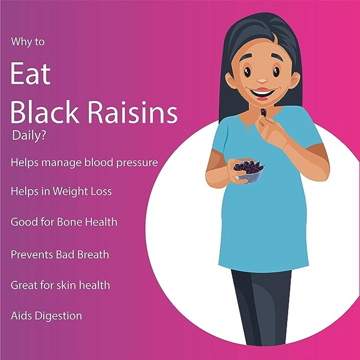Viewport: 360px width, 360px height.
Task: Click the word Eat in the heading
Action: coord(30,74)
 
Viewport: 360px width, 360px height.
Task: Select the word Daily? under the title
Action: coord(29,136)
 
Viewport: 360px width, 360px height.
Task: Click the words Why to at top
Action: coord(28,42)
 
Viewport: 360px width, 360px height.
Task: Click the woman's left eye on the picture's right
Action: coord(276,72)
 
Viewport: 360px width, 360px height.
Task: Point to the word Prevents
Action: coord(32,255)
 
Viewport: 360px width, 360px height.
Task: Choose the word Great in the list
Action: coord(24,285)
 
